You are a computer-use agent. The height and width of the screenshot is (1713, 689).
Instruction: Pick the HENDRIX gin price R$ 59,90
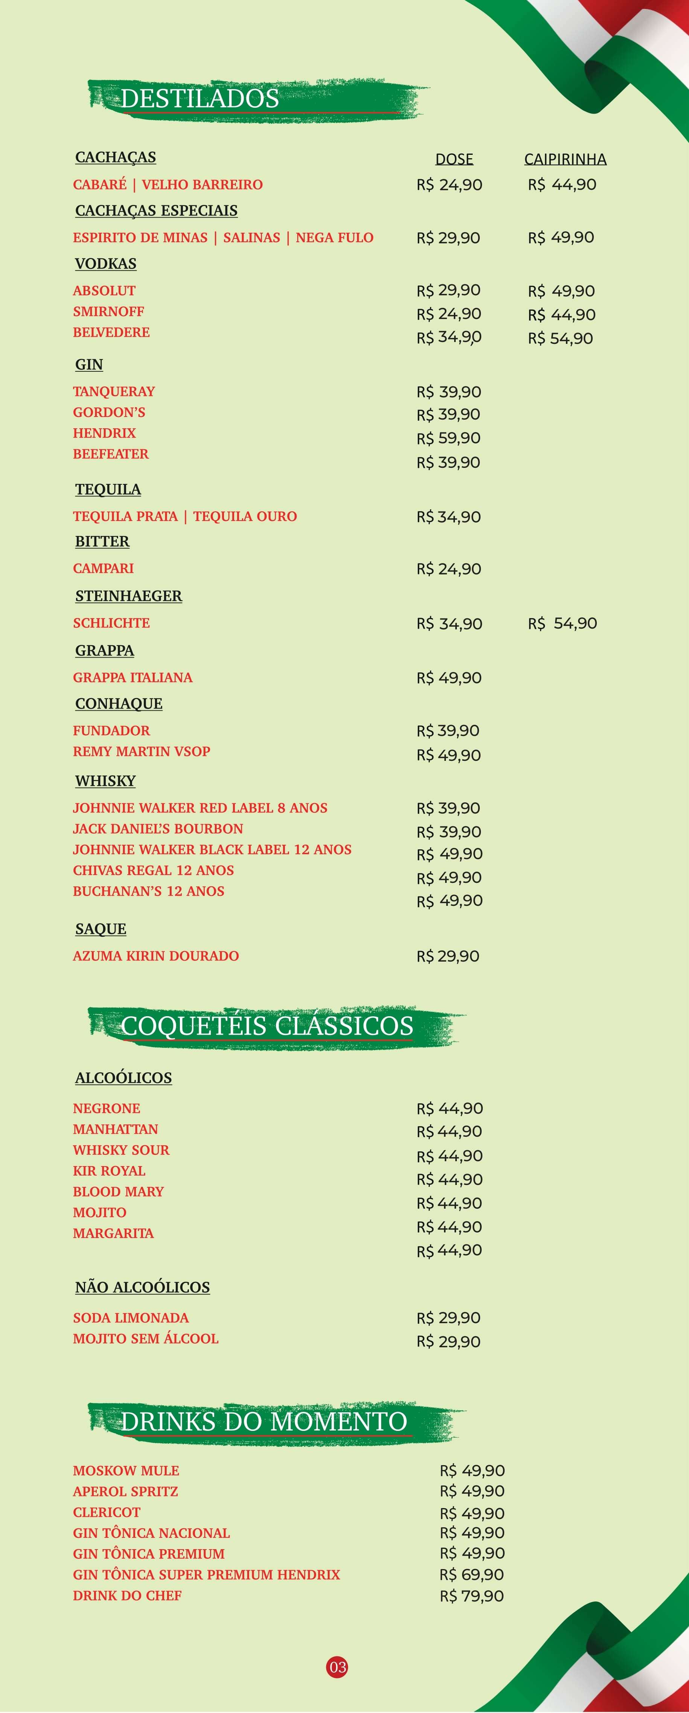tap(449, 438)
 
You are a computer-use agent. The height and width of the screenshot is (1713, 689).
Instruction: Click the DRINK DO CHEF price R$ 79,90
tap(472, 1595)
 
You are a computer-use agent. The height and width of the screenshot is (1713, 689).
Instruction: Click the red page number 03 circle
tap(338, 1666)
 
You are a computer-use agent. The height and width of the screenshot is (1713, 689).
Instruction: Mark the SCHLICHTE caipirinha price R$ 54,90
tap(562, 623)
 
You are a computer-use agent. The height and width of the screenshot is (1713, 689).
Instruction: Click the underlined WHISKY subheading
tap(105, 781)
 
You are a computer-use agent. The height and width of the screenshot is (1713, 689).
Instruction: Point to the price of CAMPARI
tap(449, 569)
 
